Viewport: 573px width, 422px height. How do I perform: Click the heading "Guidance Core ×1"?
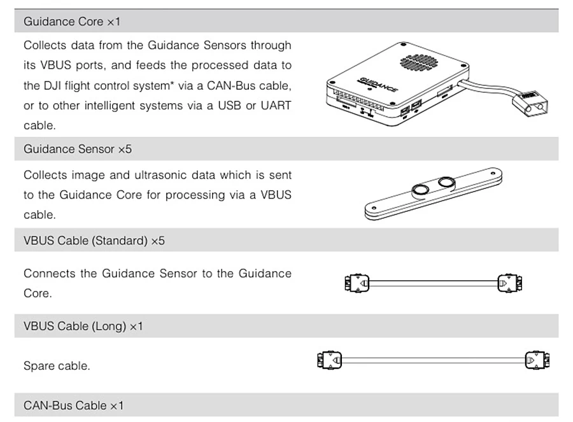pyautogui.click(x=72, y=22)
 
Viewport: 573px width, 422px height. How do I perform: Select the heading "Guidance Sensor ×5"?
pyautogui.click(x=78, y=149)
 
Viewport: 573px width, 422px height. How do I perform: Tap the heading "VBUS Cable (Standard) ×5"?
pyautogui.click(x=94, y=241)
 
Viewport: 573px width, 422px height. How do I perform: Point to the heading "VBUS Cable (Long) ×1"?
pyautogui.click(x=83, y=326)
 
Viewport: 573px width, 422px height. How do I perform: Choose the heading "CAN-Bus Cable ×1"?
pyautogui.click(x=73, y=405)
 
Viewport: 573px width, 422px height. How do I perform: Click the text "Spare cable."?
pyautogui.click(x=57, y=366)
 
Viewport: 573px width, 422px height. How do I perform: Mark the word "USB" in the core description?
pyautogui.click(x=229, y=106)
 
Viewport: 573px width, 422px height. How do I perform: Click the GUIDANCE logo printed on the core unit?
pyautogui.click(x=378, y=85)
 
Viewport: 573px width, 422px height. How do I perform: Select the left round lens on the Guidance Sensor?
pyautogui.click(x=420, y=190)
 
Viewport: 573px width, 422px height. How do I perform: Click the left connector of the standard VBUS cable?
pyautogui.click(x=357, y=283)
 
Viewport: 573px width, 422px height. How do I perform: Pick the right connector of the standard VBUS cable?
pyautogui.click(x=510, y=283)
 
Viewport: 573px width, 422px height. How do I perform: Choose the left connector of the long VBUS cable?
pyautogui.click(x=329, y=361)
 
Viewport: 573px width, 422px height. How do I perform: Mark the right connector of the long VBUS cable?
pyautogui.click(x=537, y=361)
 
